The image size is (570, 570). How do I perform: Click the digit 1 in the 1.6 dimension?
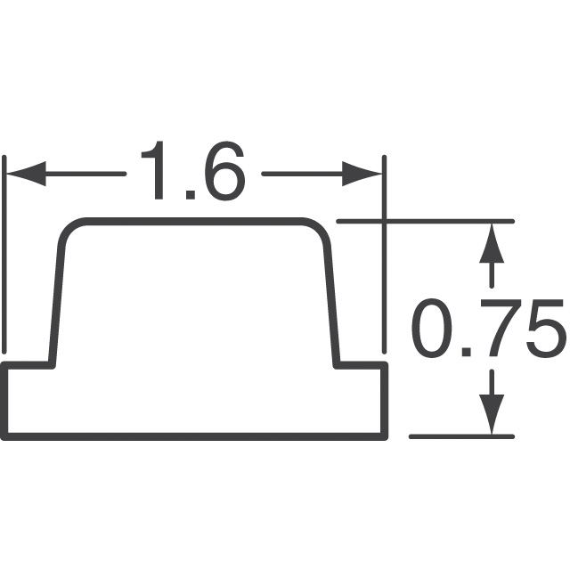pos(158,172)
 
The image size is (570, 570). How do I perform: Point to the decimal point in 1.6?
pos(188,193)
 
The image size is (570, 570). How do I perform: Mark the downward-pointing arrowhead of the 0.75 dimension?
pos(488,414)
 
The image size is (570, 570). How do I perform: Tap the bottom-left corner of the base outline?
pos(4,436)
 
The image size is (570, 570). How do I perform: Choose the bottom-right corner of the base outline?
pos(385,436)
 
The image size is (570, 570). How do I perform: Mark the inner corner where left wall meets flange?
pos(51,364)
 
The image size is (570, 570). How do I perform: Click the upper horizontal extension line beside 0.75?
pos(427,221)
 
